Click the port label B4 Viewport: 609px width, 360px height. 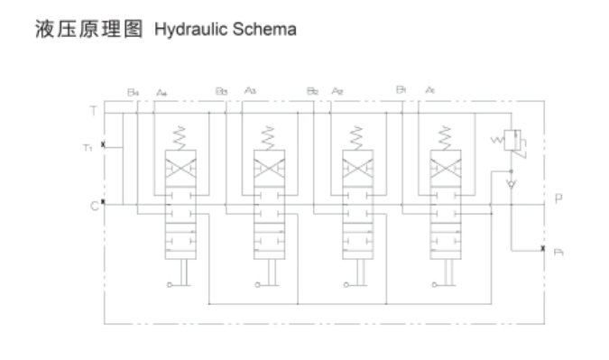point(133,92)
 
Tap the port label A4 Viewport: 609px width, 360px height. point(161,92)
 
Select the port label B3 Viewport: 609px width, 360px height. point(221,92)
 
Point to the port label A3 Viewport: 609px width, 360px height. point(250,92)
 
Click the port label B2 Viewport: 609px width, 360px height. point(312,92)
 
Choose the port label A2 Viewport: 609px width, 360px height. point(337,92)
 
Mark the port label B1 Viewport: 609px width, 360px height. point(401,91)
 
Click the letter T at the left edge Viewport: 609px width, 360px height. point(93,111)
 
